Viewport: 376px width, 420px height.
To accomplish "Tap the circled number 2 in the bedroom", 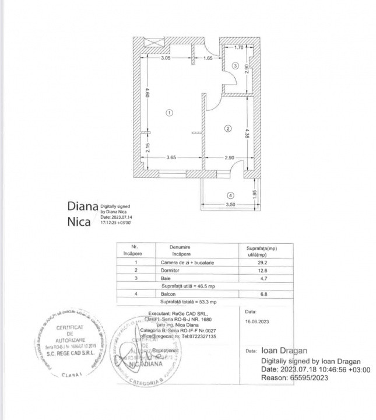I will tap(229, 128).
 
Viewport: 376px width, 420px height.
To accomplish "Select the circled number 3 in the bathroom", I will tap(234, 66).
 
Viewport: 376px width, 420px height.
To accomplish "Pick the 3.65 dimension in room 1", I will tap(171, 158).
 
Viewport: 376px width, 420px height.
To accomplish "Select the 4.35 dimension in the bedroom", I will tap(247, 134).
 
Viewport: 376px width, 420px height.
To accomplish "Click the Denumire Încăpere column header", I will tap(180, 251).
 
